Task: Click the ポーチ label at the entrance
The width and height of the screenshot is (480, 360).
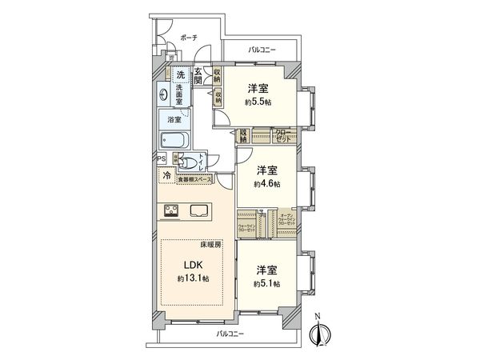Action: click(188, 38)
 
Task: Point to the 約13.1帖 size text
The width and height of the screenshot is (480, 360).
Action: click(193, 278)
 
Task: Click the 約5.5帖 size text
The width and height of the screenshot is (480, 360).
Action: click(258, 102)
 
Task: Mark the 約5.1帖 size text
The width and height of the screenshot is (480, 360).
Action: click(268, 283)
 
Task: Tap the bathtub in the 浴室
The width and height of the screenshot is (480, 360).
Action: click(174, 142)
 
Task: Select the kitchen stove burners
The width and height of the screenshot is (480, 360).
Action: click(174, 211)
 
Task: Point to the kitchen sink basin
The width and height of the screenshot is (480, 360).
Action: click(200, 211)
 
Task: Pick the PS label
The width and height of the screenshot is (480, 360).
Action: click(162, 158)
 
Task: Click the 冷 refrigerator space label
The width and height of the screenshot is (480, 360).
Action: click(166, 175)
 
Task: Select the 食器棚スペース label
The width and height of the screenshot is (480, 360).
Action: click(194, 180)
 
